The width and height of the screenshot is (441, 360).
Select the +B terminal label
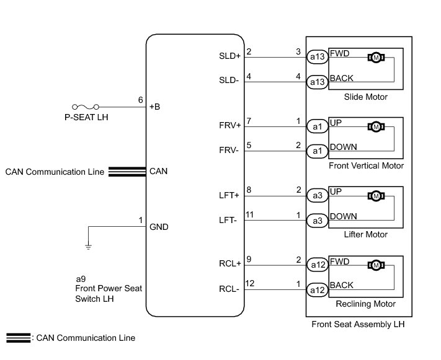coord(155,107)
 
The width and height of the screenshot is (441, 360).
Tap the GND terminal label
coord(159,227)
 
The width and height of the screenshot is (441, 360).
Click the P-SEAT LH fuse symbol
coord(83,107)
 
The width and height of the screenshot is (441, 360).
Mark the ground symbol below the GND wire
coord(88,247)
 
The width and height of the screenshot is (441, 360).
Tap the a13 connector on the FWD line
coord(316,57)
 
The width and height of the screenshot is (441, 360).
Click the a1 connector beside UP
coord(316,126)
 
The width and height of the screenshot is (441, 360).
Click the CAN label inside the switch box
coord(159,171)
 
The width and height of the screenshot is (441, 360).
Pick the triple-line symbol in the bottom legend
coord(18,338)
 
